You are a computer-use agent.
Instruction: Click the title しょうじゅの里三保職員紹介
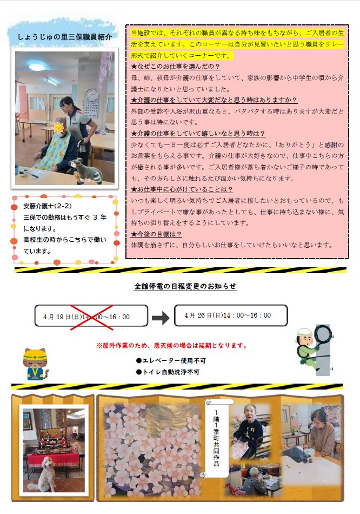(x=64, y=37)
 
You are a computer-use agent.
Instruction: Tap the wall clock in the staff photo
(x=92, y=94)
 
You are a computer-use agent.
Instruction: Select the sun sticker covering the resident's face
(x=58, y=127)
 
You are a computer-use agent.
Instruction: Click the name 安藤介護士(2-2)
(x=47, y=206)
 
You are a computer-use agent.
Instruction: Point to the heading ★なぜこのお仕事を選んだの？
(x=175, y=67)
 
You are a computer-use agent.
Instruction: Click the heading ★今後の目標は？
(x=156, y=234)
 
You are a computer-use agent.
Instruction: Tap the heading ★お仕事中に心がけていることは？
(x=182, y=189)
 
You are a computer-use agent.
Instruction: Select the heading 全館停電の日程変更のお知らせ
(x=185, y=286)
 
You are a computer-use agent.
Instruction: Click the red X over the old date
(x=92, y=317)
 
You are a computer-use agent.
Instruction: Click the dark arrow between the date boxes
(x=161, y=318)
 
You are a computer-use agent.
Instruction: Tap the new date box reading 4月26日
(x=231, y=315)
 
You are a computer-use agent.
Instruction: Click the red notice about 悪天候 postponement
(x=172, y=345)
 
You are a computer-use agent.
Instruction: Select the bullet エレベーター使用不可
(x=171, y=360)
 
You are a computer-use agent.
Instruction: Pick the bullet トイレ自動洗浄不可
(x=168, y=372)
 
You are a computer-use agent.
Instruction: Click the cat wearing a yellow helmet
(x=35, y=364)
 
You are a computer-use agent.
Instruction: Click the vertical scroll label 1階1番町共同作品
(x=216, y=438)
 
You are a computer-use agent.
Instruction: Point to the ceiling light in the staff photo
(x=37, y=67)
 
